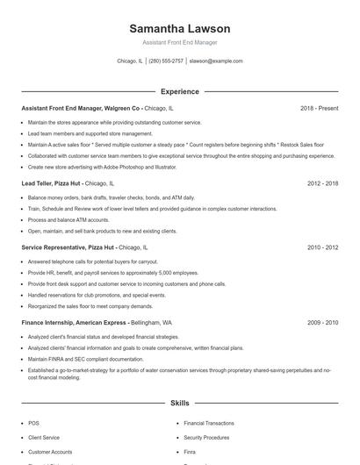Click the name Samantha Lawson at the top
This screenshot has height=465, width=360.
tap(179, 29)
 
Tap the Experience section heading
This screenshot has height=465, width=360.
tap(179, 91)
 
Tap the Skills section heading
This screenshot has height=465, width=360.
tap(179, 403)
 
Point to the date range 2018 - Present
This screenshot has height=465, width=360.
tap(319, 108)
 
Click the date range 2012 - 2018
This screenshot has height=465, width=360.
tap(323, 183)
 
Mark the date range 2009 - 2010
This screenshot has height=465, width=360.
tap(323, 322)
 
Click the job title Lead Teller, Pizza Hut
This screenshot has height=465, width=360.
tap(51, 183)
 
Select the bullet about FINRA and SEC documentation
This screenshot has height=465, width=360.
tap(85, 359)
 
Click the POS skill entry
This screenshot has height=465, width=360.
tap(33, 423)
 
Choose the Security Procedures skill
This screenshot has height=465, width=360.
tap(206, 437)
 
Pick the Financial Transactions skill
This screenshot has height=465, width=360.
tap(209, 423)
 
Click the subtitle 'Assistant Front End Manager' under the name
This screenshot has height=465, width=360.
tap(179, 42)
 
